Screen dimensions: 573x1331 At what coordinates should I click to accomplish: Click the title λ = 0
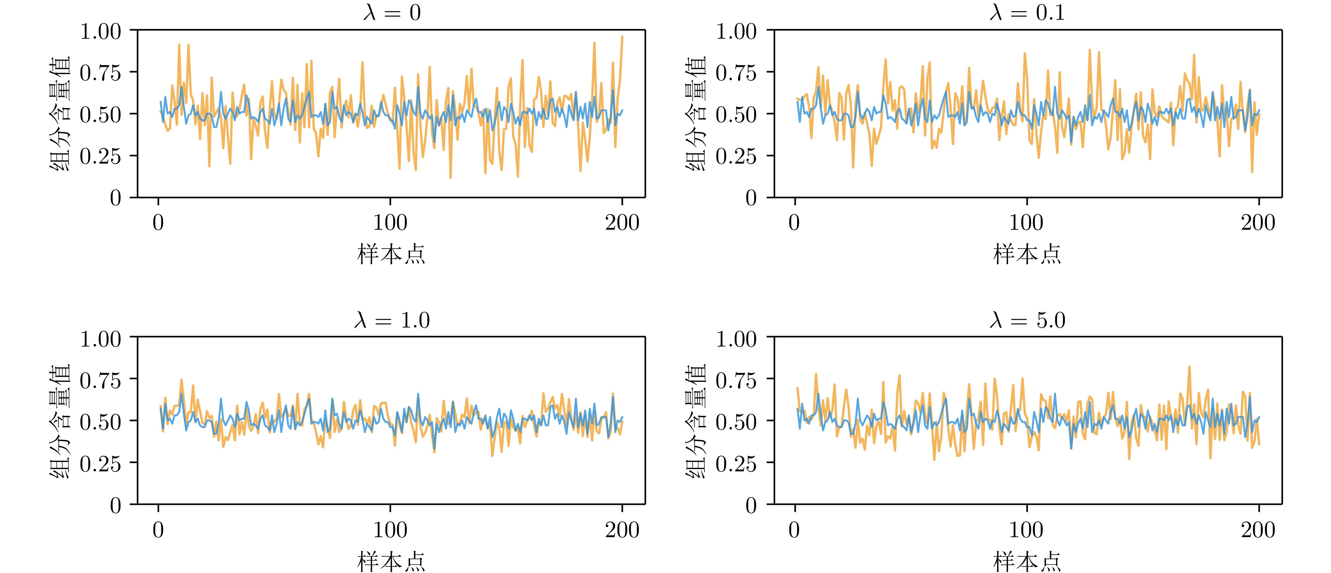[392, 12]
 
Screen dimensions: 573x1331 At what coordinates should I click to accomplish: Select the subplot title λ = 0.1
[1027, 12]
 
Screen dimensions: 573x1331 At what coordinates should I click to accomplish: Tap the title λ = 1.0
[392, 320]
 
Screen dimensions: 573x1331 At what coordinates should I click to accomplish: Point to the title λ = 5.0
[1027, 320]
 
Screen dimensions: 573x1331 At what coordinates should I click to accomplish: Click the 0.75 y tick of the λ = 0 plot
[101, 73]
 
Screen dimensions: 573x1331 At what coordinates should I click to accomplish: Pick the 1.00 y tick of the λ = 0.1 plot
[736, 32]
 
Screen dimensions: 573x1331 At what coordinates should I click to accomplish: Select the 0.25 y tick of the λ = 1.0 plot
[101, 464]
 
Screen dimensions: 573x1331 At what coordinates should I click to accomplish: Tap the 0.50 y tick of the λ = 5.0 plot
[736, 422]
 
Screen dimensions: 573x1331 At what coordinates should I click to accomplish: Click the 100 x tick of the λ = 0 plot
[390, 223]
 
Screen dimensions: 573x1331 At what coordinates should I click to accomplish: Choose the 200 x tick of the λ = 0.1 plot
[1258, 223]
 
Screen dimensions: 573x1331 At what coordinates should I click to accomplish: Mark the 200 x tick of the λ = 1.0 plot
[622, 530]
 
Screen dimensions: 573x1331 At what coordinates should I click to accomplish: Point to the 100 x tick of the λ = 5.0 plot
[1026, 530]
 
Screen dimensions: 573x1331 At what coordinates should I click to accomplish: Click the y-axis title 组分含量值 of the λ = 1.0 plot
[60, 421]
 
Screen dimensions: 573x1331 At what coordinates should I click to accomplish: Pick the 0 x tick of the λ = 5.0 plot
[794, 530]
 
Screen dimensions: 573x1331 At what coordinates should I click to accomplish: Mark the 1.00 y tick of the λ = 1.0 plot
[101, 339]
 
